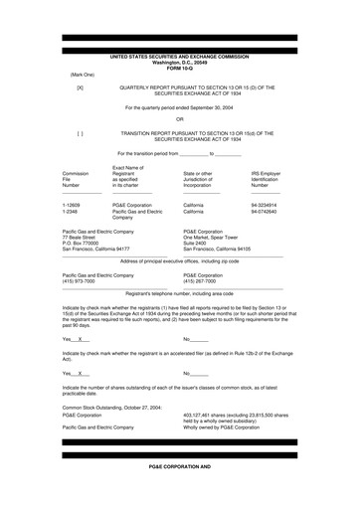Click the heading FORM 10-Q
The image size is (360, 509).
180,68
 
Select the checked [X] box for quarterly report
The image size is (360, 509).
81,87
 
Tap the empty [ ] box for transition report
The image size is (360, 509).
81,131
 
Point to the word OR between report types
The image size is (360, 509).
180,118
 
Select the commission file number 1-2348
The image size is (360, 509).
70,211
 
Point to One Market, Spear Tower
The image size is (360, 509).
219,239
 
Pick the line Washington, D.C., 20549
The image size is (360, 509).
180,62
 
